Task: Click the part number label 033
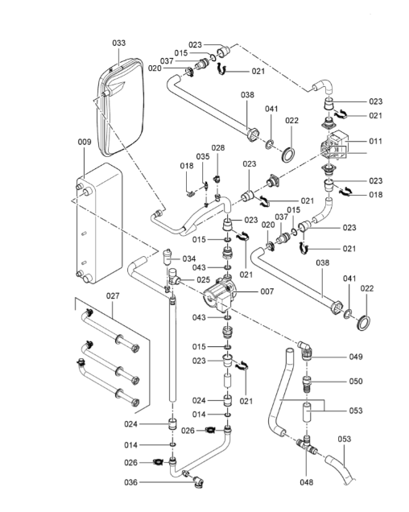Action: tap(119, 43)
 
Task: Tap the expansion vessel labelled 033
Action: tap(120, 106)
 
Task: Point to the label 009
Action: tap(85, 142)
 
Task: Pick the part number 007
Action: tap(266, 291)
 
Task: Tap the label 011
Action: tap(375, 141)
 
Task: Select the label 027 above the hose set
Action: tap(113, 295)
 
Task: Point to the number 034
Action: tap(189, 259)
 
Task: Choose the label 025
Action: tap(203, 280)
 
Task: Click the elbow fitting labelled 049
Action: tap(305, 349)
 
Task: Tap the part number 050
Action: tap(356, 382)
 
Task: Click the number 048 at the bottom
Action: tap(307, 482)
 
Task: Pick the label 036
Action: tap(130, 482)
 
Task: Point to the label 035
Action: tap(203, 157)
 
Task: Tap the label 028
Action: tap(218, 148)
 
